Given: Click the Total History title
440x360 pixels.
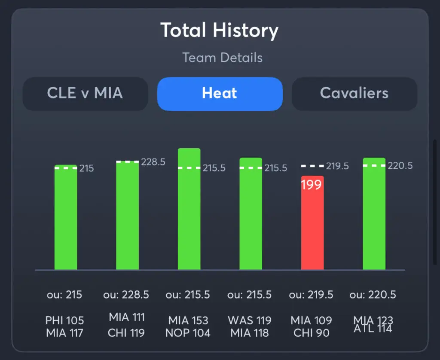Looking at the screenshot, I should [x=220, y=31].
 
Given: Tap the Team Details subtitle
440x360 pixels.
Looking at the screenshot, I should [x=222, y=58].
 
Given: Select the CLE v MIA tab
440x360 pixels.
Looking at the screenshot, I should [x=85, y=93].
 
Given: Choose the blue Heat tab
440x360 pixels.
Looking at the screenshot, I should [x=220, y=93].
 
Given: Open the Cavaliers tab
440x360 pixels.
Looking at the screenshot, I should [x=354, y=93].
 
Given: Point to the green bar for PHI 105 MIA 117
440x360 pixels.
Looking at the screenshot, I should [x=66, y=219].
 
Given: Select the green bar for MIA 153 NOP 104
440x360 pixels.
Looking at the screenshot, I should [x=189, y=211].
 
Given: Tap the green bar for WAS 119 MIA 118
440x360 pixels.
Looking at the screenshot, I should [x=251, y=215].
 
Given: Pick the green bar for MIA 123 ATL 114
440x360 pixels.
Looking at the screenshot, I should [x=374, y=215].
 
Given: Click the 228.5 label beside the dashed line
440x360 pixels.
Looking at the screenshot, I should [x=153, y=162].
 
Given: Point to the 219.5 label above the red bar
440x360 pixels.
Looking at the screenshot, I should [x=337, y=166].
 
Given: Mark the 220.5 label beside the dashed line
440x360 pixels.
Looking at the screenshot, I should [x=400, y=166].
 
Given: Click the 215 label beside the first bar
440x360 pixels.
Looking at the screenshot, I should [x=86, y=168].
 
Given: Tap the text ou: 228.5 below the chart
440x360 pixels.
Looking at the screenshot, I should [x=126, y=295].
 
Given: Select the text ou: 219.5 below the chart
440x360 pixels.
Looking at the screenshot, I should [x=312, y=295].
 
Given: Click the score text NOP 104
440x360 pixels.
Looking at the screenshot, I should [x=189, y=333].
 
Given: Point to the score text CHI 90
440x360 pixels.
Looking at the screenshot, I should [x=312, y=333].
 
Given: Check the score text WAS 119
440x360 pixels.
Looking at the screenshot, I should [x=250, y=320].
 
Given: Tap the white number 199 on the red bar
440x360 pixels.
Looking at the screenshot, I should [x=312, y=186].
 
